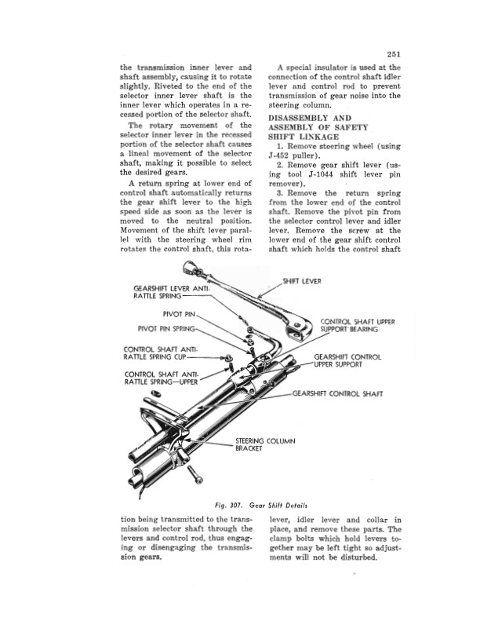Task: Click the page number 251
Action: [394, 54]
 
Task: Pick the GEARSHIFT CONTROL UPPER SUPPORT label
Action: [347, 361]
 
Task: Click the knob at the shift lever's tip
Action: [191, 266]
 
